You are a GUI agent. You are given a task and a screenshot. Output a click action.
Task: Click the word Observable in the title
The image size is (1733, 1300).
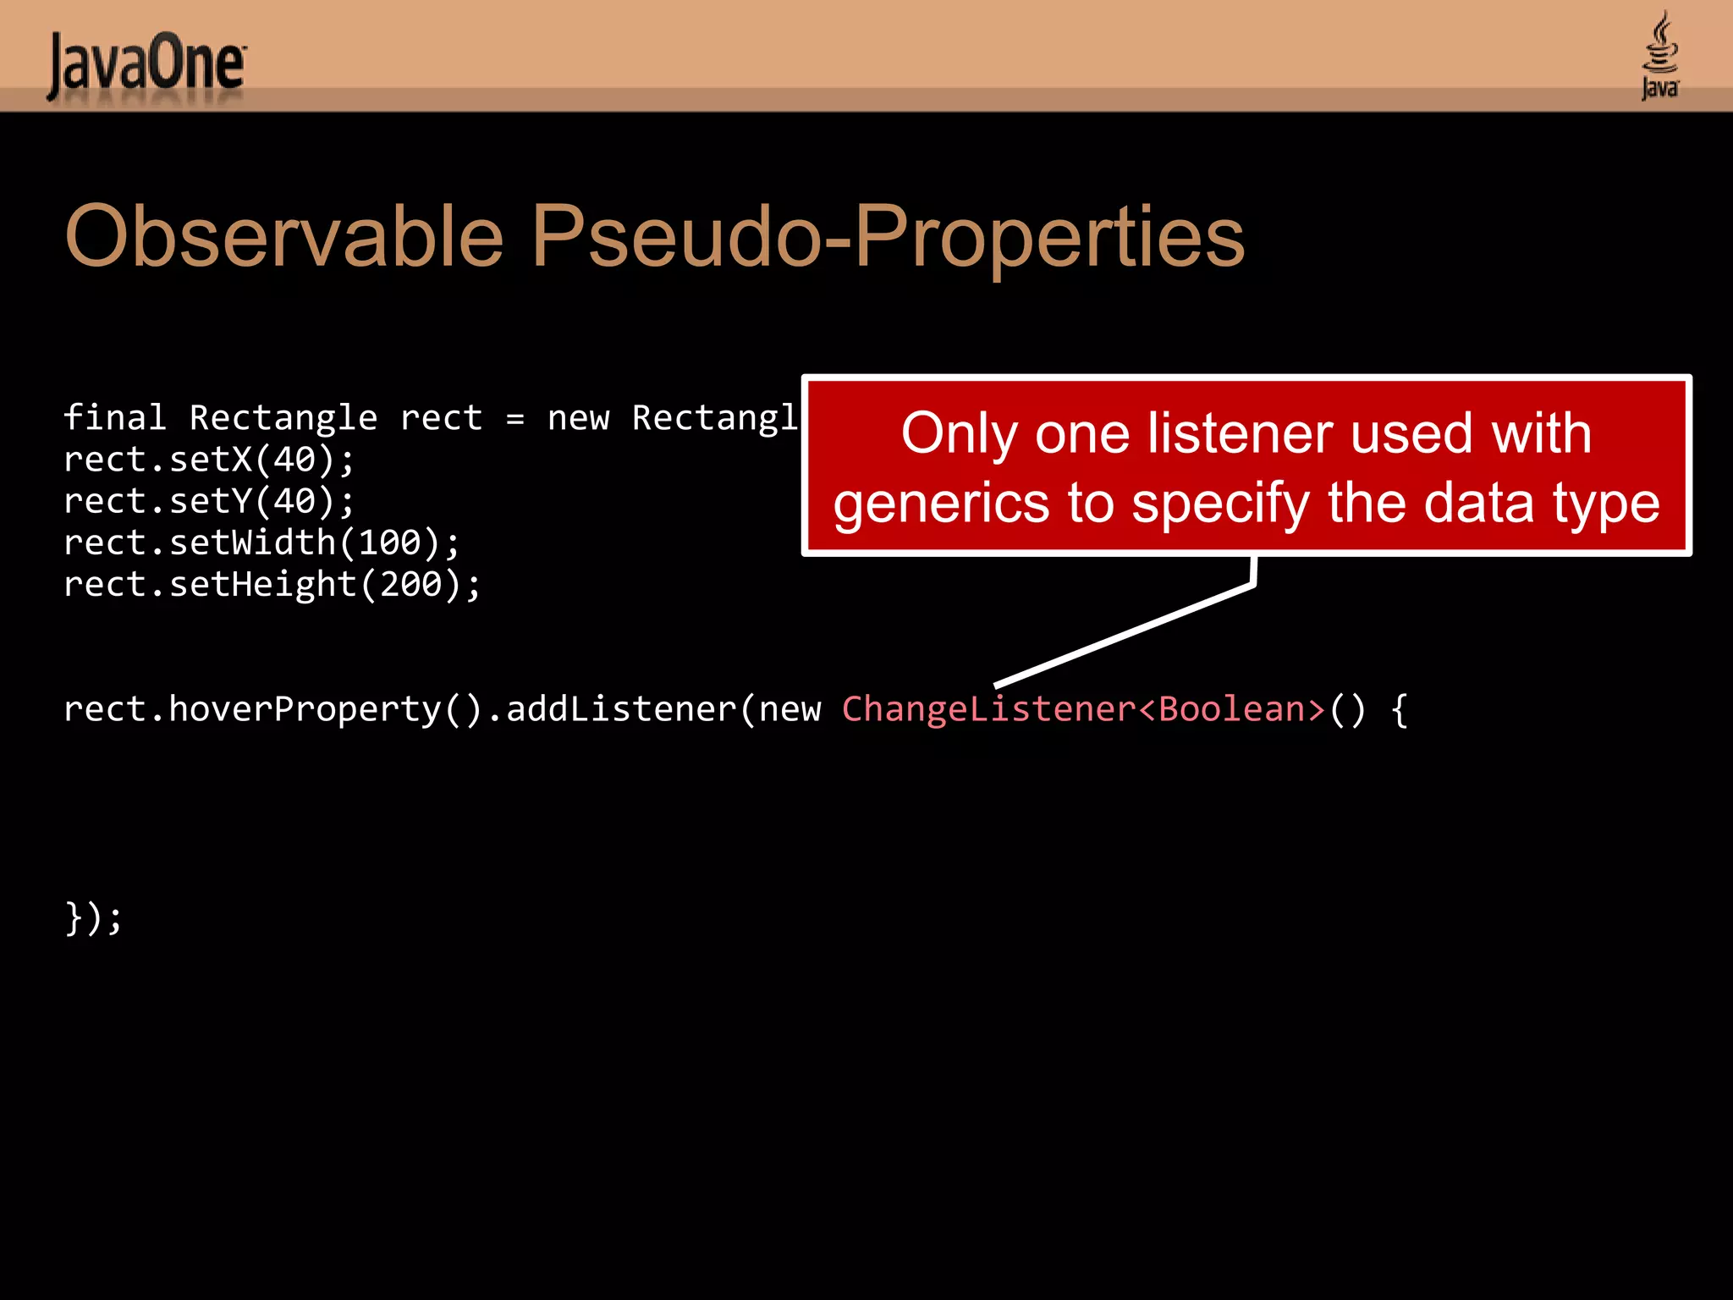[283, 237]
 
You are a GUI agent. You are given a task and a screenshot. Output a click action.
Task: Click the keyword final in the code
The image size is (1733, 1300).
[114, 418]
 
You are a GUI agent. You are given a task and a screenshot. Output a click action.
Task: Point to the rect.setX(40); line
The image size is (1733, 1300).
[209, 460]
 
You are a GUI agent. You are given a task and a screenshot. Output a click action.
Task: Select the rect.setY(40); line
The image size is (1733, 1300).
[209, 502]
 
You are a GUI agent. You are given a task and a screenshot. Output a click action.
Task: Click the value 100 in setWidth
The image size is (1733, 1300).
[389, 543]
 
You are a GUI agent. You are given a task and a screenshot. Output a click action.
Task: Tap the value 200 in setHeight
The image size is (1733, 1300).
[410, 585]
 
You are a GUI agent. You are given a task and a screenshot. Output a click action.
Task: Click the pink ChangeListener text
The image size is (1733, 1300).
[988, 709]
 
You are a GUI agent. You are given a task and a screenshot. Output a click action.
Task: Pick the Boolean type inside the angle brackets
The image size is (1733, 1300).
[1231, 709]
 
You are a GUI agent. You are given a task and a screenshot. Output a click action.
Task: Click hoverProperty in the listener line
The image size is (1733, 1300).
[305, 709]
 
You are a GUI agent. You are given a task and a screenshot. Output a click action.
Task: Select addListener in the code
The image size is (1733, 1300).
[621, 709]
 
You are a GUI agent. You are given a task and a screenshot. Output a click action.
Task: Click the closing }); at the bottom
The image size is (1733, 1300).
[93, 918]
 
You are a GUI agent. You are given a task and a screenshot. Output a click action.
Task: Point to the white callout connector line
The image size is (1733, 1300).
[1125, 635]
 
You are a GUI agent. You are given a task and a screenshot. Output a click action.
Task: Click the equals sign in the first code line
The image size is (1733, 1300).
[515, 418]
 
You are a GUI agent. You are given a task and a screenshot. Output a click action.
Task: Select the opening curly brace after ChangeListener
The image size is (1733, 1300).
[1399, 709]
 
